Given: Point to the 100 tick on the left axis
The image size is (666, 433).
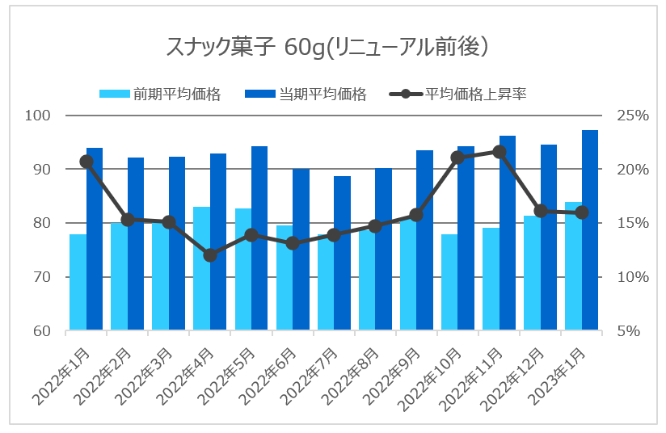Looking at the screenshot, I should click(x=38, y=116).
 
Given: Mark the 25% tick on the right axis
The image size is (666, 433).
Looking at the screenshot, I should click(x=630, y=116).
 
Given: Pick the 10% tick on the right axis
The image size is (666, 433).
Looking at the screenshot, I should click(x=630, y=277).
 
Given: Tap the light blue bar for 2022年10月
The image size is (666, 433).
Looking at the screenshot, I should click(x=449, y=282).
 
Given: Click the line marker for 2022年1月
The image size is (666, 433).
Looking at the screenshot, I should click(x=86, y=162).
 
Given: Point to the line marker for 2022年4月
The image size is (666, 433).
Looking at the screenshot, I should click(x=210, y=255).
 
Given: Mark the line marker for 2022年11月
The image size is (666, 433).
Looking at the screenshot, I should click(x=499, y=152).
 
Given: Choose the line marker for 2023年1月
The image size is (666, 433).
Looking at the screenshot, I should click(x=582, y=212).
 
